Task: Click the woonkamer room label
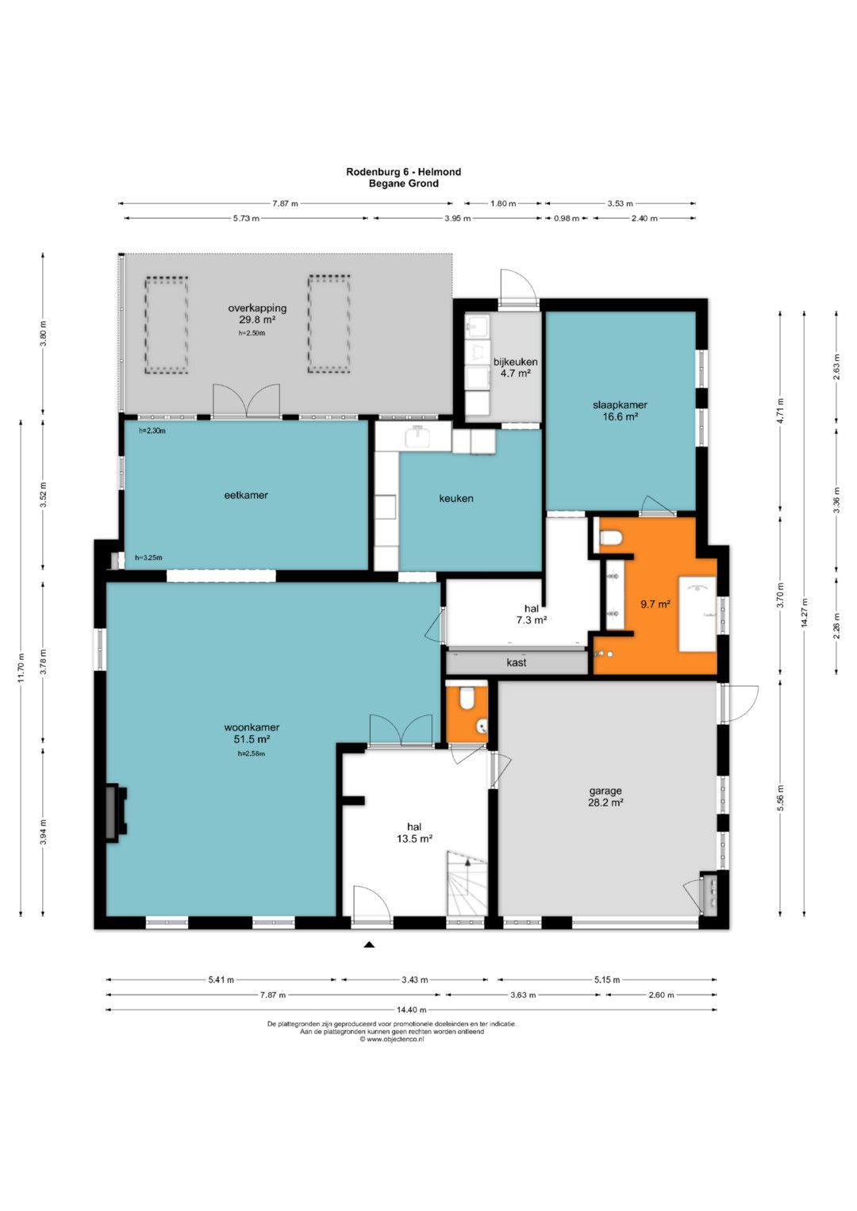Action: tap(252, 728)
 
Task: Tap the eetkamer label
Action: tap(246, 495)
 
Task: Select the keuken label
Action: tap(456, 499)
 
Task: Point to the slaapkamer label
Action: tap(620, 404)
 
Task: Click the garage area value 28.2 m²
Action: tap(605, 803)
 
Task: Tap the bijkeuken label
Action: tap(515, 362)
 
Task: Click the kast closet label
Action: tap(516, 662)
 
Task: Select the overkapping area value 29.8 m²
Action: tap(257, 320)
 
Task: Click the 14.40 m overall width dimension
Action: tap(411, 1009)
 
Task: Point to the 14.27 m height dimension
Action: tap(805, 614)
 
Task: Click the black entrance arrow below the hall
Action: tap(369, 945)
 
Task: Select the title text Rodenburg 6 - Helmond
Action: tap(404, 172)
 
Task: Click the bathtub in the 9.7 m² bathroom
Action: tap(698, 614)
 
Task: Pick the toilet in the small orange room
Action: tap(467, 698)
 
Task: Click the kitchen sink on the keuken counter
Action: tap(419, 435)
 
